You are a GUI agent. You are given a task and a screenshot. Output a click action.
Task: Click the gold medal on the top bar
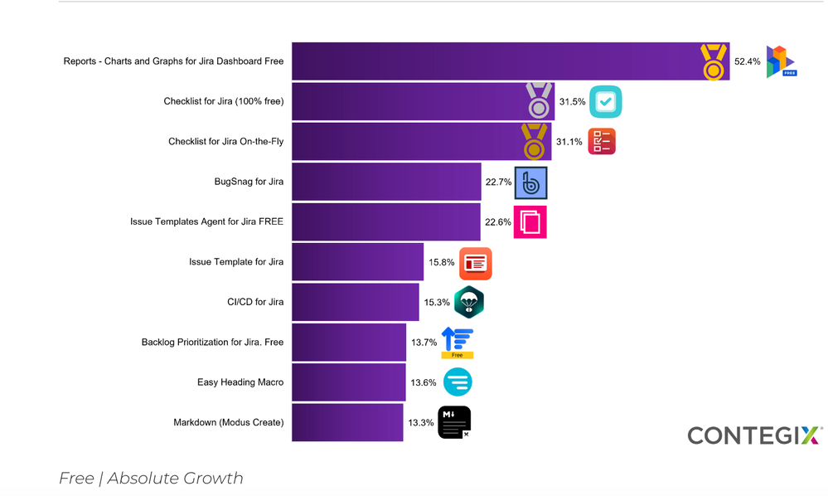click(714, 62)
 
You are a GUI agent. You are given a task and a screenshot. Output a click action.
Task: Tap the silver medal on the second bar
click(540, 101)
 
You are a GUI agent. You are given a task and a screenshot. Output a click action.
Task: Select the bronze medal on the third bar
click(535, 142)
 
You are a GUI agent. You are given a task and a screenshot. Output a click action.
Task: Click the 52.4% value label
click(747, 61)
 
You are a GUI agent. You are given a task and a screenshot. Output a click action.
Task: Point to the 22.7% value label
click(498, 182)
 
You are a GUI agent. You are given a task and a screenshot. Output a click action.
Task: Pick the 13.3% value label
click(421, 422)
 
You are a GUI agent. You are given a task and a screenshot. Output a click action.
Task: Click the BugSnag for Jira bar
click(386, 182)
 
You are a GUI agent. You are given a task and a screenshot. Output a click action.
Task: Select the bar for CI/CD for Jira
click(355, 302)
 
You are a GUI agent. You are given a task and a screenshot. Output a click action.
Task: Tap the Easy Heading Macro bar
click(348, 382)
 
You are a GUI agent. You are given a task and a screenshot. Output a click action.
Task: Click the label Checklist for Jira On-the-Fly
click(225, 142)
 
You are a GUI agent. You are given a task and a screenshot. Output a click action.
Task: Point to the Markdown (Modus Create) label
click(228, 422)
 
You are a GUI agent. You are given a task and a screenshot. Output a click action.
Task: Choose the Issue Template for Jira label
click(236, 262)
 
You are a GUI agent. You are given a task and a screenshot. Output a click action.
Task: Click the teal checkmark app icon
click(605, 102)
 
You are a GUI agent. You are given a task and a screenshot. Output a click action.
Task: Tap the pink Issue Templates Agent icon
click(530, 222)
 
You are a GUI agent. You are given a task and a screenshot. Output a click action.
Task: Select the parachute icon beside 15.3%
click(469, 303)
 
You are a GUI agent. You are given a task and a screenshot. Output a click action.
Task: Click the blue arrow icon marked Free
click(457, 343)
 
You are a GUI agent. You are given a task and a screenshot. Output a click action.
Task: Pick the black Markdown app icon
click(454, 422)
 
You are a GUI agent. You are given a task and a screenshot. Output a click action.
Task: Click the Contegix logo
click(754, 435)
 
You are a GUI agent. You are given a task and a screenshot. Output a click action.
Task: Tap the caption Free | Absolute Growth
click(151, 479)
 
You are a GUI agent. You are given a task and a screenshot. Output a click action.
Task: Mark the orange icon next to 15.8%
click(475, 263)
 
